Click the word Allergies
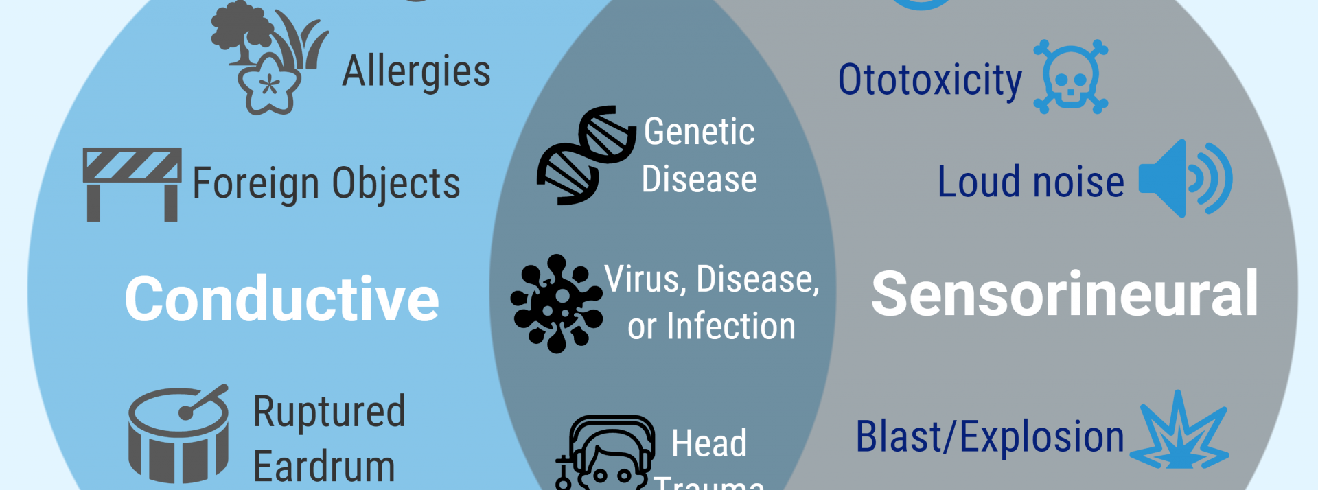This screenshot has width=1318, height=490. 416,71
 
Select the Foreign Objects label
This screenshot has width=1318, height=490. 326,183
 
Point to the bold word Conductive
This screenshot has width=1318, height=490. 281,299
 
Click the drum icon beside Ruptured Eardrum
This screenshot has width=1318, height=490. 178,434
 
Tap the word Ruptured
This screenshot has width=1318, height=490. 329,411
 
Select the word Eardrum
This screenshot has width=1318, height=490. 324,467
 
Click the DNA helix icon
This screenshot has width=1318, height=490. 586,156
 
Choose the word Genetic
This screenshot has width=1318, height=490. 700,132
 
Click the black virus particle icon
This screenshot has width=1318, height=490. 557,303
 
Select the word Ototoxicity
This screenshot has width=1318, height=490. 930,80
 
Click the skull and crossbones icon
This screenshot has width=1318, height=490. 1071,77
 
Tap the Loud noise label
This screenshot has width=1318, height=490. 1031,183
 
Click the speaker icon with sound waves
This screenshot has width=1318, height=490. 1185,179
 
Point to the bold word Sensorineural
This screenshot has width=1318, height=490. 1065,294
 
